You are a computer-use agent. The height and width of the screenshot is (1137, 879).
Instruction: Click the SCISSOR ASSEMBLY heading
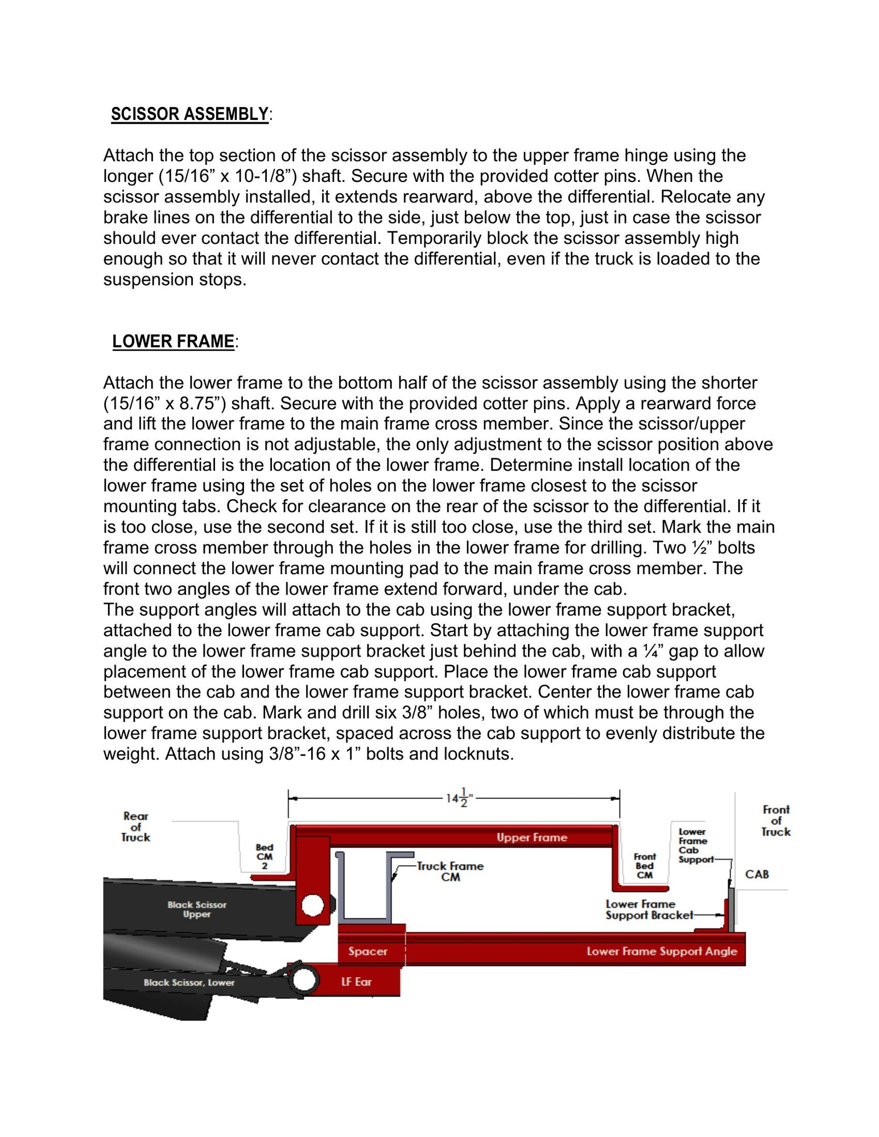(x=189, y=114)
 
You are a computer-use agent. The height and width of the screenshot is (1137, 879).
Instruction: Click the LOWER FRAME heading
(x=173, y=342)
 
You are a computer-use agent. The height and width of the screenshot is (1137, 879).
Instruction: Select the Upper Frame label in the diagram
(x=531, y=837)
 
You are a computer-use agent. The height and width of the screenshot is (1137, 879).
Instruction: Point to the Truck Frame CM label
(x=449, y=872)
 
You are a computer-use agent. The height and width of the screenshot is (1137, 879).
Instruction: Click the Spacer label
(x=368, y=951)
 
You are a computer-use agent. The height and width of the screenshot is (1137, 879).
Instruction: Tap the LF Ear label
(x=356, y=981)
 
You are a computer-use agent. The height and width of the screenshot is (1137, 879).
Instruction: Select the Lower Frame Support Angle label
(x=661, y=951)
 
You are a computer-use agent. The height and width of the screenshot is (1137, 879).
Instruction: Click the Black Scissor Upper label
(x=197, y=909)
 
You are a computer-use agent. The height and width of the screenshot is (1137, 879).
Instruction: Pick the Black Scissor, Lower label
(x=189, y=982)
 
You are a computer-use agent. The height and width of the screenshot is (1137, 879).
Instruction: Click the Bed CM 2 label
(x=265, y=857)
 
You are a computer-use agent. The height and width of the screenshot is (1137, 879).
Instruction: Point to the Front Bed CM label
(x=645, y=866)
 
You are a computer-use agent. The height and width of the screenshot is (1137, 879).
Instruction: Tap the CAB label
(x=757, y=874)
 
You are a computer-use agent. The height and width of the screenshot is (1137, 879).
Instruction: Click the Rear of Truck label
(x=135, y=827)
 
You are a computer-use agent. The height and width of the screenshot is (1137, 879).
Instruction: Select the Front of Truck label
(x=776, y=820)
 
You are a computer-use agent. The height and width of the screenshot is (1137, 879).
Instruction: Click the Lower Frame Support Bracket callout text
(x=649, y=910)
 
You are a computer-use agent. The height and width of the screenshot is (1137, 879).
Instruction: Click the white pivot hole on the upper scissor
(x=312, y=905)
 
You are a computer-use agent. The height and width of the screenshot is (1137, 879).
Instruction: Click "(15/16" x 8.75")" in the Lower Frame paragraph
(x=165, y=404)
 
